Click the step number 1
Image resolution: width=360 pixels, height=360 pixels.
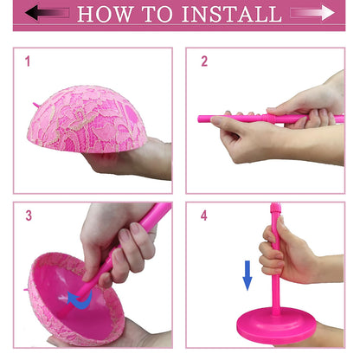coord(28,61)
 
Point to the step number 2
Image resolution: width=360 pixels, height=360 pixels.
coord(204,61)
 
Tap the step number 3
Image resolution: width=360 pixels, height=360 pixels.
coord(28,215)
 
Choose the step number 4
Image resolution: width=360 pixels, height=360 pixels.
coord(204,215)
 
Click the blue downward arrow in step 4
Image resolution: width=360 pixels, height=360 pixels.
coord(247,275)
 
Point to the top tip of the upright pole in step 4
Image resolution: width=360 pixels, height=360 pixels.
coord(275,208)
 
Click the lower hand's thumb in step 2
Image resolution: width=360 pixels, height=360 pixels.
coord(229,125)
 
